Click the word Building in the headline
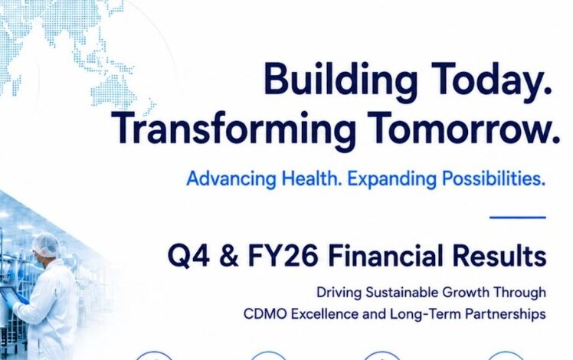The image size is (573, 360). pyautogui.click(x=340, y=80)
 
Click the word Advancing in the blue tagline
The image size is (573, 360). pyautogui.click(x=231, y=179)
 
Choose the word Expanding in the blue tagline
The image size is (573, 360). pyautogui.click(x=391, y=179)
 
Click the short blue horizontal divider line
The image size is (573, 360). pyautogui.click(x=518, y=218)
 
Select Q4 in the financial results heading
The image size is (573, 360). pyautogui.click(x=188, y=256)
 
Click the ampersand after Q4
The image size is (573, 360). pyautogui.click(x=229, y=256)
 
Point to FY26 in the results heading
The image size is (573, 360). pyautogui.click(x=283, y=256)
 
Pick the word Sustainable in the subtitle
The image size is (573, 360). pyautogui.click(x=401, y=293)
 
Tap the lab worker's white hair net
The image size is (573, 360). pyautogui.click(x=46, y=243)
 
